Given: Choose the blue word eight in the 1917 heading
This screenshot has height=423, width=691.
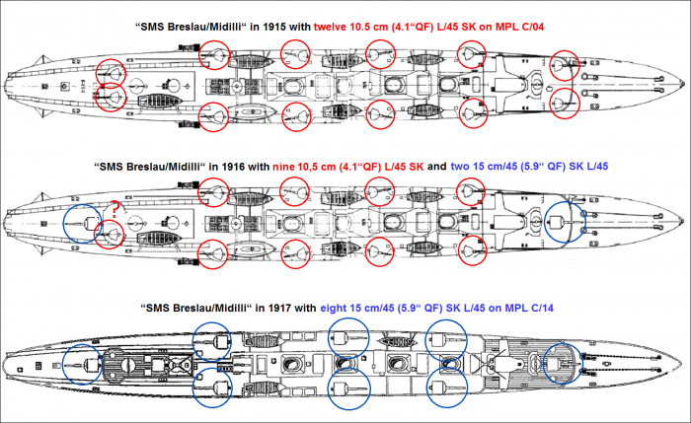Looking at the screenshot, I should (x=336, y=309).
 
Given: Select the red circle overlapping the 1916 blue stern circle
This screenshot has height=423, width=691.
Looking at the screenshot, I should (x=112, y=235).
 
